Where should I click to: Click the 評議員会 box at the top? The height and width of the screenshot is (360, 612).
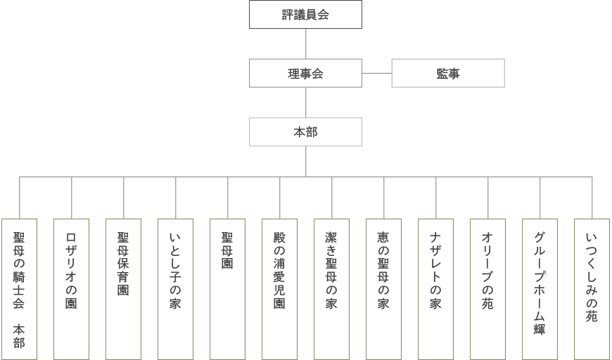305,15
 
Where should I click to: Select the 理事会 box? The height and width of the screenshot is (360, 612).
305,73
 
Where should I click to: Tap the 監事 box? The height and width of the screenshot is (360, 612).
447,73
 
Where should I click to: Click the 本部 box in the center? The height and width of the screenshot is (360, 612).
305,132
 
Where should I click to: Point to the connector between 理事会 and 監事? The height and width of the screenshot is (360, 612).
376,73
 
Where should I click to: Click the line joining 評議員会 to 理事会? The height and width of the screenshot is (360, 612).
305,44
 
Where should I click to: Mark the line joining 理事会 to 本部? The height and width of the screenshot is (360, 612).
305,103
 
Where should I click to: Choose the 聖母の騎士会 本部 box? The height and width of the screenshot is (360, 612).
19,288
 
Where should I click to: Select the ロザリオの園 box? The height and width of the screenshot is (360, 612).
71,288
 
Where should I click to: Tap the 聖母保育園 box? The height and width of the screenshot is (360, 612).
123,288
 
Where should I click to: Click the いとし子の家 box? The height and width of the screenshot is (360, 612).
175,288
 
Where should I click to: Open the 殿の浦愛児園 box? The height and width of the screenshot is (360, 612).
279,288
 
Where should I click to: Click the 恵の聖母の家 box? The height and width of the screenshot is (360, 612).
383,288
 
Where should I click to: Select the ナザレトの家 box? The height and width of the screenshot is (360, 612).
435,288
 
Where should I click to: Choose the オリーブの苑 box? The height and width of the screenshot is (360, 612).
487,288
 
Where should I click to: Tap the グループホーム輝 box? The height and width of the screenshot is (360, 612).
540,288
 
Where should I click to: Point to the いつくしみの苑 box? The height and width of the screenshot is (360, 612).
592,288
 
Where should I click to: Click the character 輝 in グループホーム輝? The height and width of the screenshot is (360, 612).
540,328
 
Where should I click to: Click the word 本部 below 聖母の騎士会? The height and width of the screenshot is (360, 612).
19,335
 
